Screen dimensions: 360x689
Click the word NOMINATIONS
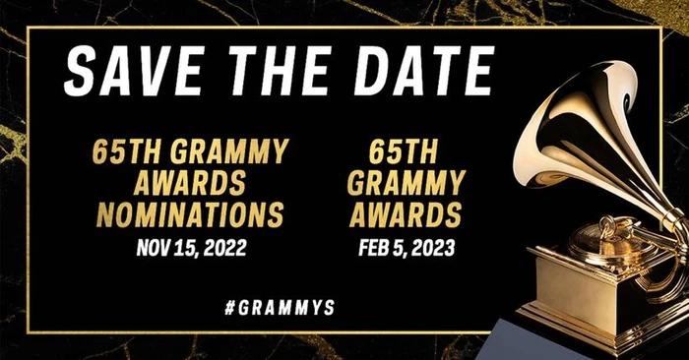click(189, 213)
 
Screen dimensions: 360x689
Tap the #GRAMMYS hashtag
click(280, 307)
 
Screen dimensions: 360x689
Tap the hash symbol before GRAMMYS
click(229, 307)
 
